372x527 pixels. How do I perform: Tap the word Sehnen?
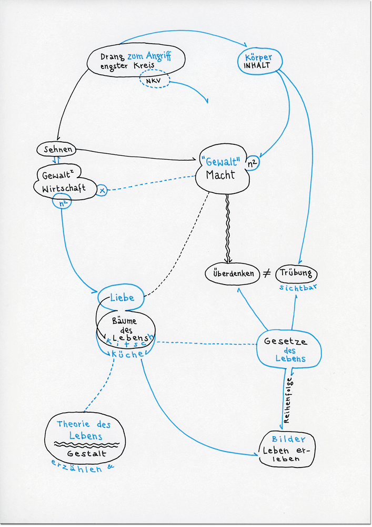point(55,150)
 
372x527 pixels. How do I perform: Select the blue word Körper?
point(258,56)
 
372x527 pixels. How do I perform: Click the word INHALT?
point(257,66)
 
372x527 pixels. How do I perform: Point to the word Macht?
point(221,175)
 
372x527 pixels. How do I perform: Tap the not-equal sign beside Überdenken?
point(266,273)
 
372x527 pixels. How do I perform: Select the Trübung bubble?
point(296,273)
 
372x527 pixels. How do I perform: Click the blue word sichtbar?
point(299,288)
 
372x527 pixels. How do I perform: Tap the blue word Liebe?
point(122,298)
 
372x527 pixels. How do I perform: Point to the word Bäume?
point(124,320)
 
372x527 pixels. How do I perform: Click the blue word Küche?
point(128,355)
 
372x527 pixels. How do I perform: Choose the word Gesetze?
point(286,341)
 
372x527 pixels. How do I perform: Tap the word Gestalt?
point(86,453)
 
